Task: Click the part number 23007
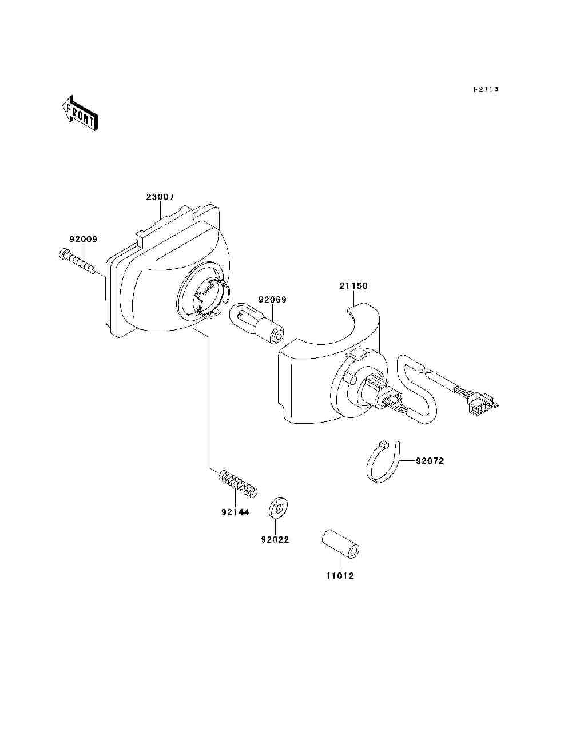click(x=160, y=197)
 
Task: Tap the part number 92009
click(x=84, y=240)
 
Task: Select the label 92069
click(x=272, y=300)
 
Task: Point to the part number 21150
click(x=353, y=286)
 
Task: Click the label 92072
click(x=430, y=461)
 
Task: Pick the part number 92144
click(x=236, y=512)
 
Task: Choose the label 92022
click(x=275, y=539)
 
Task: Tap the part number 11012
click(x=340, y=576)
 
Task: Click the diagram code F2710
click(x=486, y=90)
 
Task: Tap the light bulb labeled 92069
click(x=256, y=324)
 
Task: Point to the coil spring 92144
click(x=239, y=483)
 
